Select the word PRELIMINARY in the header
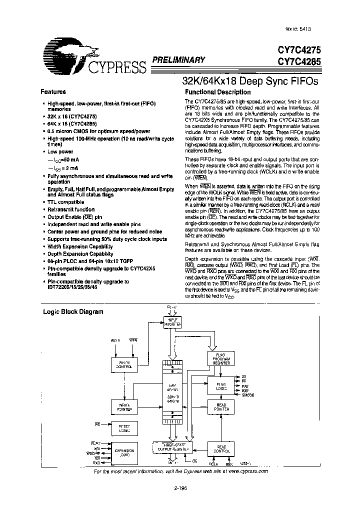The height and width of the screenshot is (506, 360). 178,60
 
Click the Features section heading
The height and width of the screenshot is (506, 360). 52,92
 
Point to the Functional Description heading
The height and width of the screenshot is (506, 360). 217,92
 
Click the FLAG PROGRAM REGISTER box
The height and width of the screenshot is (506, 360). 220,358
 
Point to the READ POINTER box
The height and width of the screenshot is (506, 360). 220,407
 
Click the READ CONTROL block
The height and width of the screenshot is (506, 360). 220,449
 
